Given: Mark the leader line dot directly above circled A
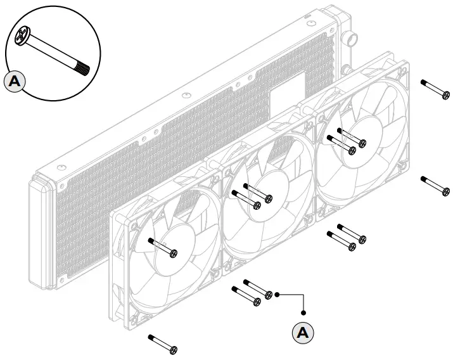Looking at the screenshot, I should (303, 311).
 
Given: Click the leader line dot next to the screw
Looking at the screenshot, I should (278, 294).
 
